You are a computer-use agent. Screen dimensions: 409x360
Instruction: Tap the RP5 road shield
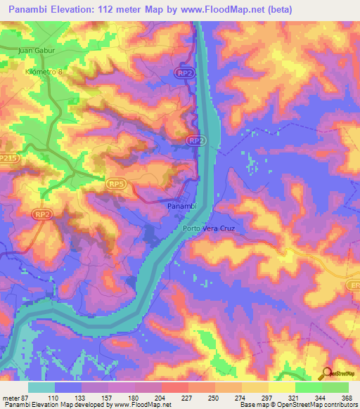click(x=117, y=183)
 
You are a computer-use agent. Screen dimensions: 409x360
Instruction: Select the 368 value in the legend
click(x=346, y=398)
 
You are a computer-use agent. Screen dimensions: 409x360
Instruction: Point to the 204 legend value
click(x=160, y=398)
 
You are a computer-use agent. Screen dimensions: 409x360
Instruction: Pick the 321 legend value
click(x=293, y=398)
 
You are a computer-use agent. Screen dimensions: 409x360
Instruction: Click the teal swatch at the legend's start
click(x=41, y=387)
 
